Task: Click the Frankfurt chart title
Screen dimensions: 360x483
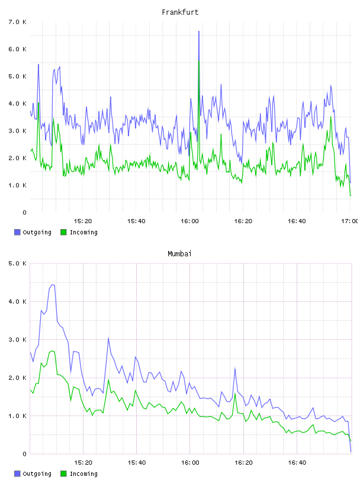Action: pyautogui.click(x=180, y=12)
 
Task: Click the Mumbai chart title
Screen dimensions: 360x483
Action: pyautogui.click(x=179, y=253)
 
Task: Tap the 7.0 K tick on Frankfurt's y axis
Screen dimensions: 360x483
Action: pyautogui.click(x=17, y=22)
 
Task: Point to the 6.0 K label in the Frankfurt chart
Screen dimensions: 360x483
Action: pyautogui.click(x=17, y=49)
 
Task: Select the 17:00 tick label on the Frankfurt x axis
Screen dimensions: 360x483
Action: pyautogui.click(x=349, y=221)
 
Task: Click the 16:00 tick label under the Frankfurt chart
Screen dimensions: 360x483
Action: pyautogui.click(x=189, y=221)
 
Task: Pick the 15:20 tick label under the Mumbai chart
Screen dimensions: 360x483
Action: pyautogui.click(x=83, y=462)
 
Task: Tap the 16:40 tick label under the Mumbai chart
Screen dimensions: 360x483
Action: pyautogui.click(x=297, y=462)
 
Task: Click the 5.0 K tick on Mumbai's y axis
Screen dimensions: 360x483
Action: pyautogui.click(x=17, y=263)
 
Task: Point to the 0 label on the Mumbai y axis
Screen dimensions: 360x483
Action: pyautogui.click(x=25, y=454)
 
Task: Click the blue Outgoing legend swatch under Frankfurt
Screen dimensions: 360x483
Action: pyautogui.click(x=17, y=232)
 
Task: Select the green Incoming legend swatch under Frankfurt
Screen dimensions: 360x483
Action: pyautogui.click(x=63, y=232)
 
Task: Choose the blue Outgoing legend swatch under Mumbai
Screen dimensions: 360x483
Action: pyautogui.click(x=17, y=474)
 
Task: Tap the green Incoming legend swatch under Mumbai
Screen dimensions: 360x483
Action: pyautogui.click(x=63, y=474)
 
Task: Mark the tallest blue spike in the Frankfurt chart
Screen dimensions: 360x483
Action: pyautogui.click(x=199, y=31)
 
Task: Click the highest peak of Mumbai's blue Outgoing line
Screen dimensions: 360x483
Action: pyautogui.click(x=52, y=285)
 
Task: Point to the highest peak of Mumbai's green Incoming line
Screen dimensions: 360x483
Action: pyautogui.click(x=52, y=351)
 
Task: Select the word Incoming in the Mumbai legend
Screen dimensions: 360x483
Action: pyautogui.click(x=83, y=474)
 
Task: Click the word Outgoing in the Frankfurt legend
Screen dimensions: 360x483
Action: pyautogui.click(x=37, y=232)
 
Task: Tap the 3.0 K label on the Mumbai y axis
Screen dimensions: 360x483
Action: pyautogui.click(x=17, y=339)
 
